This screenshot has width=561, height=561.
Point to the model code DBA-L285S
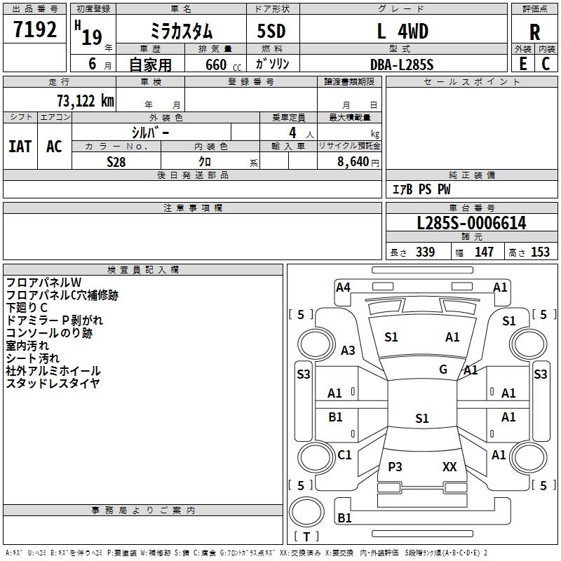click(402, 65)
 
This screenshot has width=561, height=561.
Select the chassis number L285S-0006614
click(471, 223)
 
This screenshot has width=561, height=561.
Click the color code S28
click(116, 161)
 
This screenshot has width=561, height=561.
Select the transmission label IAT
click(20, 147)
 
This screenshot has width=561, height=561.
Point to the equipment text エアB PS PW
click(421, 189)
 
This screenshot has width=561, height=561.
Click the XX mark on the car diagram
click(450, 466)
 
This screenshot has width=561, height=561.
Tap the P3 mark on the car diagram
click(395, 466)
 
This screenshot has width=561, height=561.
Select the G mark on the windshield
click(443, 370)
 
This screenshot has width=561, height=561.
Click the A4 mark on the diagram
click(343, 287)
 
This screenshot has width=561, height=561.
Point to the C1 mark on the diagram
click(344, 455)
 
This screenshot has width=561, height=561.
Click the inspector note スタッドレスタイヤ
click(53, 383)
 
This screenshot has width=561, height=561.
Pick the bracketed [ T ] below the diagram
click(306, 537)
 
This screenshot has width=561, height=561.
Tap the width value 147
click(484, 252)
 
